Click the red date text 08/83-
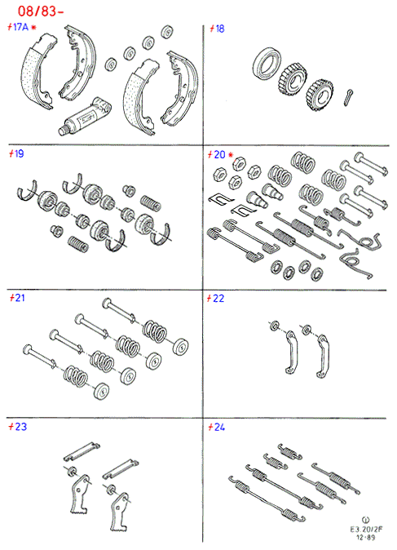pyautogui.click(x=40, y=11)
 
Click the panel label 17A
pyautogui.click(x=20, y=27)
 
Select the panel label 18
pyautogui.click(x=220, y=29)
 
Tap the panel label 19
pyautogui.click(x=19, y=153)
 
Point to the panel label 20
pyautogui.click(x=219, y=155)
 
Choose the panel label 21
pyautogui.click(x=20, y=298)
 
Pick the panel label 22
pyautogui.click(x=218, y=299)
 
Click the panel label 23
pyautogui.click(x=20, y=427)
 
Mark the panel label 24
pyautogui.click(x=219, y=428)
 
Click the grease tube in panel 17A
pyautogui.click(x=85, y=117)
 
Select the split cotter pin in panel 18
pyautogui.click(x=348, y=97)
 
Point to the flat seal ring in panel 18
pyautogui.click(x=265, y=63)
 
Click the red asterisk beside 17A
pyautogui.click(x=33, y=27)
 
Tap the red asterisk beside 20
pyautogui.click(x=231, y=155)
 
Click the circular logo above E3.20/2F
pyautogui.click(x=366, y=520)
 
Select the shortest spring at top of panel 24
pyautogui.click(x=289, y=452)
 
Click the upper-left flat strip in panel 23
pyautogui.click(x=82, y=451)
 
